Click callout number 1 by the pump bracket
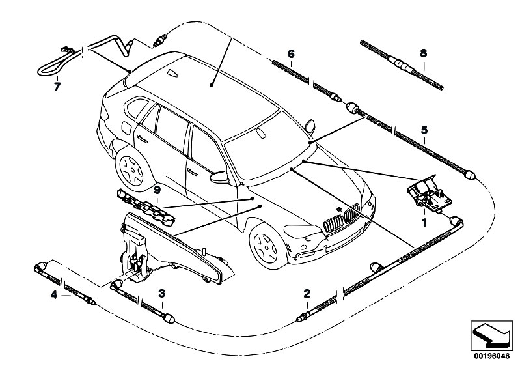[424, 221]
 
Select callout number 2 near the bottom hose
[307, 294]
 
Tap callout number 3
[161, 294]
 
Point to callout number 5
[424, 130]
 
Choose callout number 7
[57, 85]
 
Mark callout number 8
[424, 55]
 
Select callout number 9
[156, 190]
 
